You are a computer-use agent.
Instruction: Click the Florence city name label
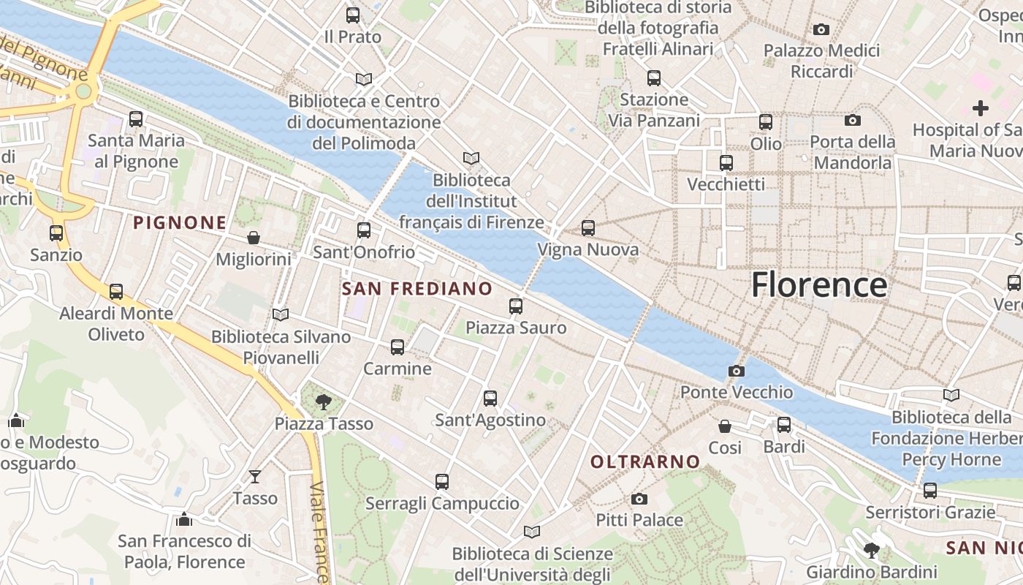[819, 284]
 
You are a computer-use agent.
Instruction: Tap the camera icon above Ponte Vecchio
[737, 371]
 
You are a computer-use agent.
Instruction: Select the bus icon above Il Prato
[353, 15]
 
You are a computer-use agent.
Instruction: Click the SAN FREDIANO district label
[417, 289]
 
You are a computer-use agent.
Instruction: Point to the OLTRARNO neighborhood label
[645, 461]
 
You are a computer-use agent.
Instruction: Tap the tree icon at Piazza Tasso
[323, 401]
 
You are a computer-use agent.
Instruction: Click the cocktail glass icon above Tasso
[254, 477]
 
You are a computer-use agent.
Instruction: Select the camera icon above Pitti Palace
[639, 499]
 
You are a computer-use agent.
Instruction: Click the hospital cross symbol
[981, 108]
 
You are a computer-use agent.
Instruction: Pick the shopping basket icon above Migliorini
[253, 238]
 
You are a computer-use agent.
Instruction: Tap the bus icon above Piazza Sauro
[516, 306]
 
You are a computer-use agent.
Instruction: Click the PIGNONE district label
[180, 222]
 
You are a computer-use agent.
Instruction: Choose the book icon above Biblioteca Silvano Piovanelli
[281, 314]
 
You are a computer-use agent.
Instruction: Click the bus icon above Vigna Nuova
[588, 228]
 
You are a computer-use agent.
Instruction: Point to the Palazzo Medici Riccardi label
[821, 61]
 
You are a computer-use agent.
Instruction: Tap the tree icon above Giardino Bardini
[871, 550]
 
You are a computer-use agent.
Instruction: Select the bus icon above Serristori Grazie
[930, 491]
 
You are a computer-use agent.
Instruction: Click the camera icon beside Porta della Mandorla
[852, 120]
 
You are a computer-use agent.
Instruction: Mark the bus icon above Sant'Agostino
[490, 399]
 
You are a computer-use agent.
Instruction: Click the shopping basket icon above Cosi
[725, 426]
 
